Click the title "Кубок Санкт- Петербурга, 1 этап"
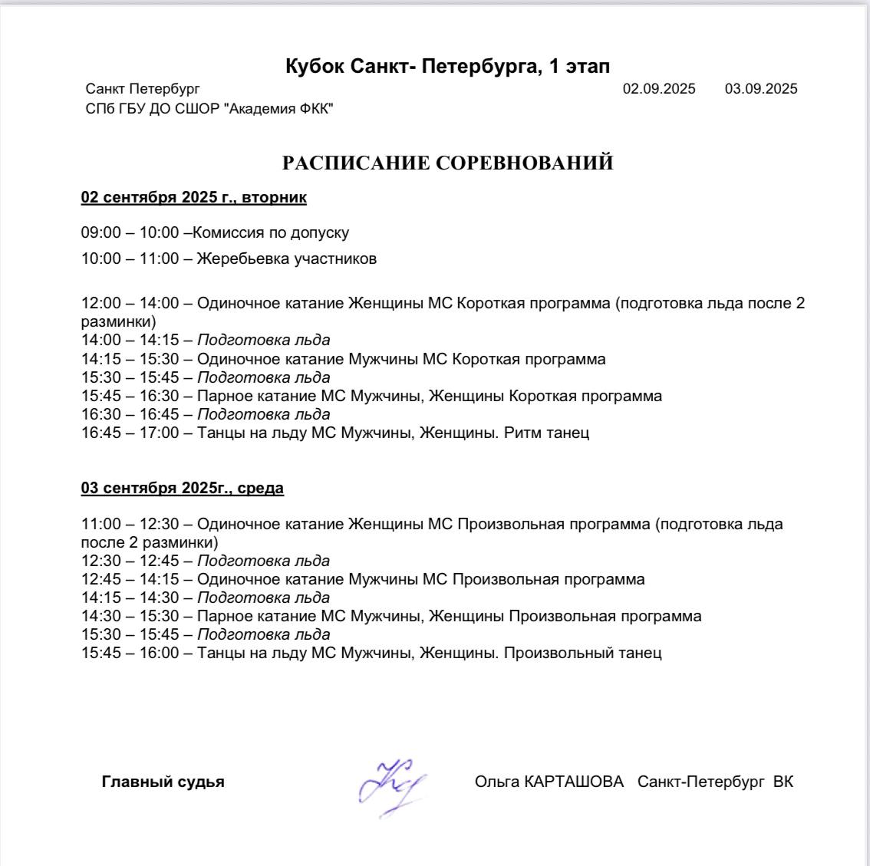(447, 67)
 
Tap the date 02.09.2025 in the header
(659, 89)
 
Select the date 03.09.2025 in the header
(761, 89)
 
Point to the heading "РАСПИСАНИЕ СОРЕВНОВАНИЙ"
(447, 163)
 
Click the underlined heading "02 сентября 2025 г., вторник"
(194, 198)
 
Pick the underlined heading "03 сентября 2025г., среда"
(183, 489)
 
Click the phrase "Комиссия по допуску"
(272, 232)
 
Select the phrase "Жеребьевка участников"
(287, 258)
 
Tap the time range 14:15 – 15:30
(130, 359)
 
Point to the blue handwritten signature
(391, 784)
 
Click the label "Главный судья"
(163, 782)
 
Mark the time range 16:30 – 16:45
(130, 414)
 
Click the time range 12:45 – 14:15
(130, 579)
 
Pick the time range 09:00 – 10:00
(130, 232)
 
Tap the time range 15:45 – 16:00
(130, 654)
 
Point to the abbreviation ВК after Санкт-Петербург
(783, 782)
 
